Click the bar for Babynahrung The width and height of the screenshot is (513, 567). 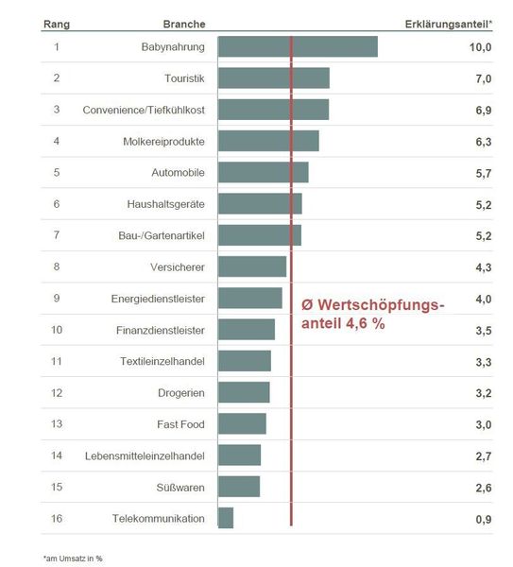298,46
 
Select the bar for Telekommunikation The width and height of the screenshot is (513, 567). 226,518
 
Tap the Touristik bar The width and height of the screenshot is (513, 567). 274,78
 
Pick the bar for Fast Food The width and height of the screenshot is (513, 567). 242,423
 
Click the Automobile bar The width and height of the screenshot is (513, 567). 264,172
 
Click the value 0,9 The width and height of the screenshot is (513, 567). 483,519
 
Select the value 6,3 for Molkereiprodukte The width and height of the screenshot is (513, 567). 483,142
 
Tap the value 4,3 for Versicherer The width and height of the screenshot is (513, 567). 483,267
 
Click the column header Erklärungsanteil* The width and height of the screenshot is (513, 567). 448,23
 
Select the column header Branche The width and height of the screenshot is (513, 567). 184,23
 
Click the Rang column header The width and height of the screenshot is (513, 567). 57,23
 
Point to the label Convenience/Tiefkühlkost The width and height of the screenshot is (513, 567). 144,110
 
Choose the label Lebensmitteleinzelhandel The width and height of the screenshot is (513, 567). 145,455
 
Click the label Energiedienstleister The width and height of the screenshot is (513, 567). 158,299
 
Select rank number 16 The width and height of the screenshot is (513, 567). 57,519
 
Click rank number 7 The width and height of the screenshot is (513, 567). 57,235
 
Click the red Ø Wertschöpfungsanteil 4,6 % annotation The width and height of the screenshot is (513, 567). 370,313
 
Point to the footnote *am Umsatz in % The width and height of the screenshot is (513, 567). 73,558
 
